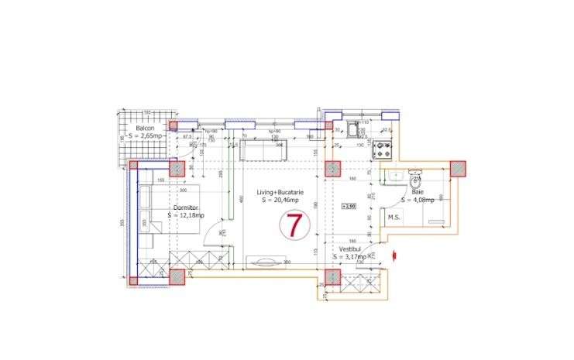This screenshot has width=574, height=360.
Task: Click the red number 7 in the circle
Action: click(294, 225)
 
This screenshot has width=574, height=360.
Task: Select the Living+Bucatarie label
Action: click(282, 192)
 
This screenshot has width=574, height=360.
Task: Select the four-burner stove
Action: click(383, 149)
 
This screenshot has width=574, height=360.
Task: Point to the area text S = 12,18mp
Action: click(187, 215)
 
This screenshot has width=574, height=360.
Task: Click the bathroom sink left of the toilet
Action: click(390, 177)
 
